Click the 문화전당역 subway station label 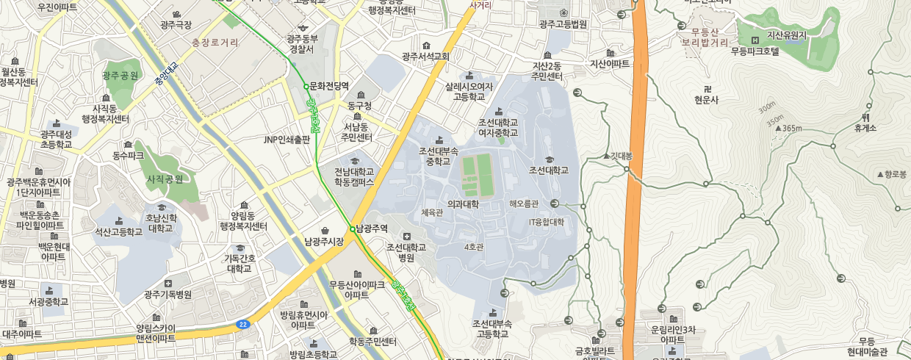[x=329, y=86]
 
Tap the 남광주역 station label [x=372, y=228]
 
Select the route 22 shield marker [x=242, y=324]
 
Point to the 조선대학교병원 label [x=406, y=252]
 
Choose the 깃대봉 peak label [x=621, y=156]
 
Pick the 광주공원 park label [x=120, y=76]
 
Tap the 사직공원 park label [x=165, y=179]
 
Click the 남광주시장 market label [x=324, y=241]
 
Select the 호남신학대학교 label [x=161, y=223]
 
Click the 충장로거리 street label [x=215, y=43]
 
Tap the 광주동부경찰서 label [x=302, y=43]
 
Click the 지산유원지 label [x=787, y=35]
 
